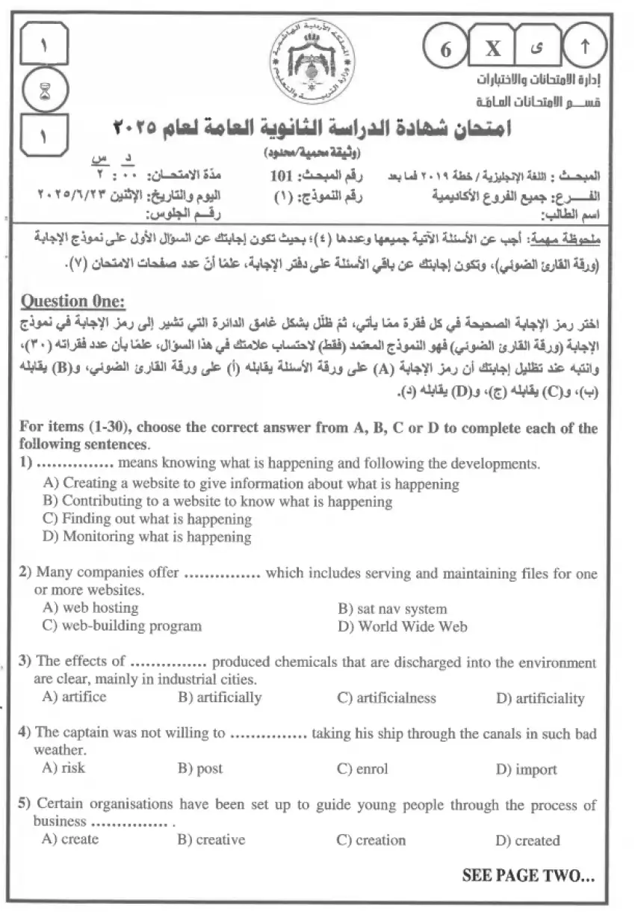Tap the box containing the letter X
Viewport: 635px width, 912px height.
494,49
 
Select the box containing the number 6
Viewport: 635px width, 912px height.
446,49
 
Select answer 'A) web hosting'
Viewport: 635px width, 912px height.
90,608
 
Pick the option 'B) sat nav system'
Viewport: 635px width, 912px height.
391,608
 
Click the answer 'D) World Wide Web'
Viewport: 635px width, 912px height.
402,626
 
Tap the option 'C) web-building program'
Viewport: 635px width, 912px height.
122,626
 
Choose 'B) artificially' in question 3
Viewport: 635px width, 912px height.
219,697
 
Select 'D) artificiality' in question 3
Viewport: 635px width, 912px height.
539,698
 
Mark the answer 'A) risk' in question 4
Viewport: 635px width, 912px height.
63,768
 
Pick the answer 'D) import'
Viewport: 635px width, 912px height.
526,769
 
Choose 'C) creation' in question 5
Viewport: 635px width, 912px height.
371,839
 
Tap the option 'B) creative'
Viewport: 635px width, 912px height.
211,839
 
